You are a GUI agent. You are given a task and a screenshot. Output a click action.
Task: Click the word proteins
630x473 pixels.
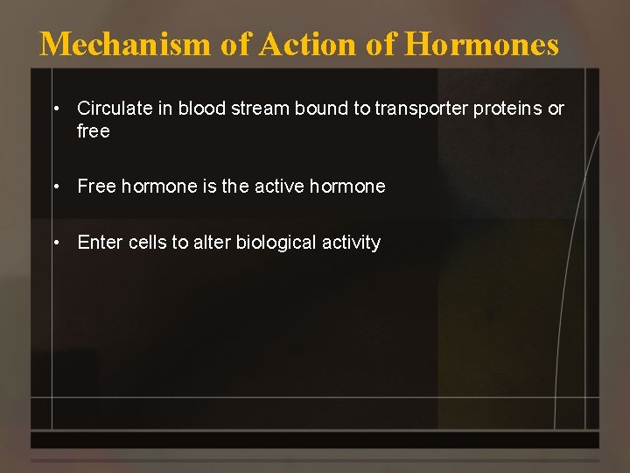pyautogui.click(x=509, y=109)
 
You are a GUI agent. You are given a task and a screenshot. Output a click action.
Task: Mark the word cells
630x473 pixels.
pyautogui.click(x=147, y=243)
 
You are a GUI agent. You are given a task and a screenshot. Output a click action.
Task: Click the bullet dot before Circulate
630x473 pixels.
pyautogui.click(x=55, y=109)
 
